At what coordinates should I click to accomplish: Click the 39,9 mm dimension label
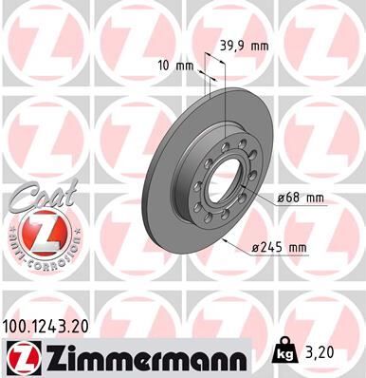(x=244, y=44)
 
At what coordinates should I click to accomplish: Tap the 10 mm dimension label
(x=177, y=66)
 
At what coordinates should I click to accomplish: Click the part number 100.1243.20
(x=53, y=326)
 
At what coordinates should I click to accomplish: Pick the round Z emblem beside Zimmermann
(x=20, y=355)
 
